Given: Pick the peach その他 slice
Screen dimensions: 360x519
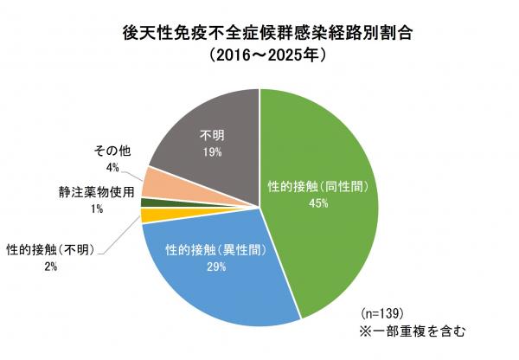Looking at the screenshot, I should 161,183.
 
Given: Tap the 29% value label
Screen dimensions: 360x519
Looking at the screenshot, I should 217,267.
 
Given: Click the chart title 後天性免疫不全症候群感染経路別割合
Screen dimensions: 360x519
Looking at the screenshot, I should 259,35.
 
